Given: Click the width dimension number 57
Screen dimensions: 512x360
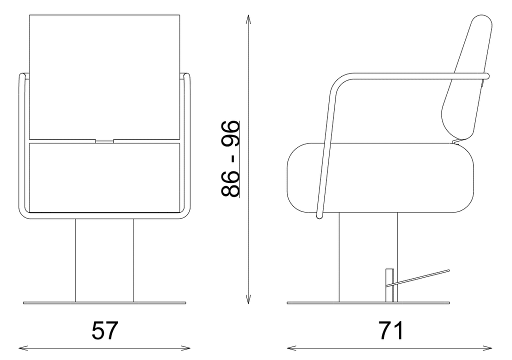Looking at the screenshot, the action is coord(104,330).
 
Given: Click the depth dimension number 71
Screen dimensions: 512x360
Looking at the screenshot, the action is coord(391,330).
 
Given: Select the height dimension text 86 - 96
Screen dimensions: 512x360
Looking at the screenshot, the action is coord(230,159).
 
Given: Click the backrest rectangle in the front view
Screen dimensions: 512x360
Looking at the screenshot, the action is coord(104,77).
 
